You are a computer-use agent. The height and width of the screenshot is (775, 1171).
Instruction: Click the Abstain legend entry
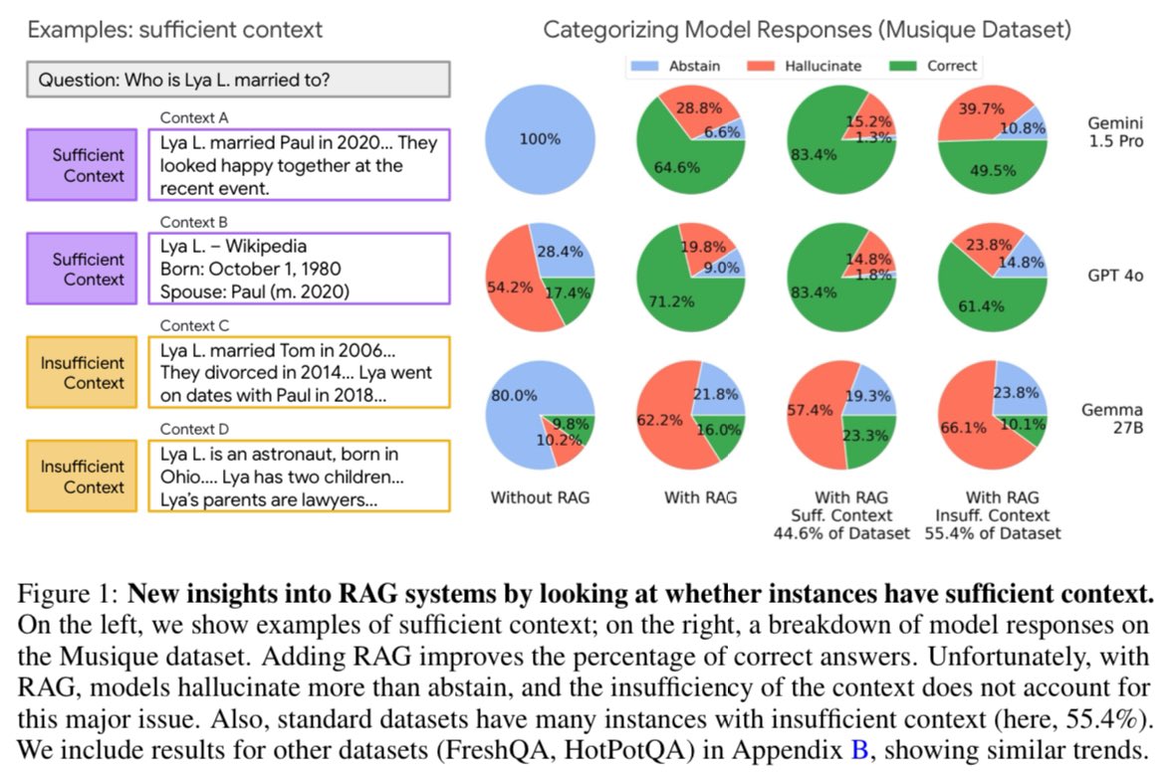(685, 67)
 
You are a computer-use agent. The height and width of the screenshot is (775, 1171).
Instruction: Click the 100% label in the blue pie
(540, 139)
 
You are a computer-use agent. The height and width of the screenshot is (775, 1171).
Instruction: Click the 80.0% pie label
(514, 395)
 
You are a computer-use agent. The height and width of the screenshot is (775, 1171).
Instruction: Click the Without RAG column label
(540, 495)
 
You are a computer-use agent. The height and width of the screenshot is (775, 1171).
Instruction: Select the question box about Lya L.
(239, 80)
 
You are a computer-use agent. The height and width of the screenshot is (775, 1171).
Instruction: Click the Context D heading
(194, 429)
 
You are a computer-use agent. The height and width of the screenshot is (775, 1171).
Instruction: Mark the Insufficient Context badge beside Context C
(83, 373)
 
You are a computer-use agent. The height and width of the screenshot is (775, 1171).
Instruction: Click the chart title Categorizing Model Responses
(807, 30)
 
